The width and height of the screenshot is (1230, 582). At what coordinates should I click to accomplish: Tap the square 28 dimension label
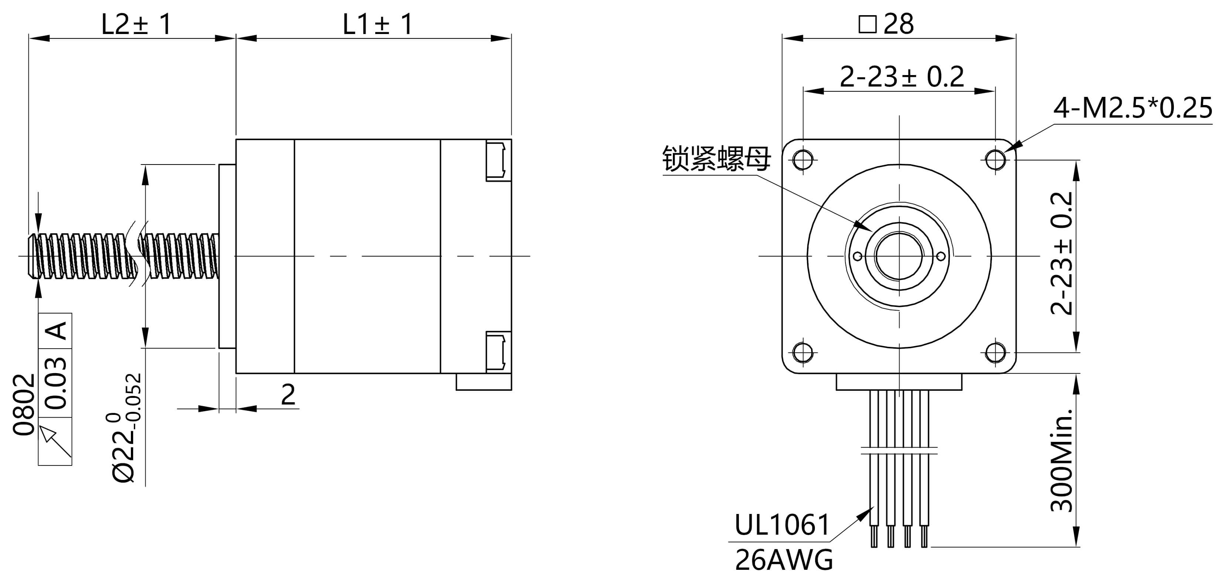[x=886, y=24]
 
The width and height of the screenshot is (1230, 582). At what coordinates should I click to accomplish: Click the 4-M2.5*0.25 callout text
[x=1133, y=108]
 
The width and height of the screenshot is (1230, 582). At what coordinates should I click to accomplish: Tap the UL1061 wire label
[x=782, y=525]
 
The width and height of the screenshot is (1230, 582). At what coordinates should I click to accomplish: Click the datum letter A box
[x=55, y=331]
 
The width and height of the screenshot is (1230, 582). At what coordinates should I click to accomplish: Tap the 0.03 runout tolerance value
[x=55, y=383]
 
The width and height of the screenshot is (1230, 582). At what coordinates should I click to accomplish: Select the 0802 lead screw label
[x=24, y=405]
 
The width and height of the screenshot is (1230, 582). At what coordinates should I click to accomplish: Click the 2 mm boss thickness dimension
[x=288, y=395]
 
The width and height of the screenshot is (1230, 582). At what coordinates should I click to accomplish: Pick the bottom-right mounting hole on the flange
[x=995, y=353]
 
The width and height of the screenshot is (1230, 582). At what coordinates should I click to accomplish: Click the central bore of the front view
[x=899, y=256]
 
